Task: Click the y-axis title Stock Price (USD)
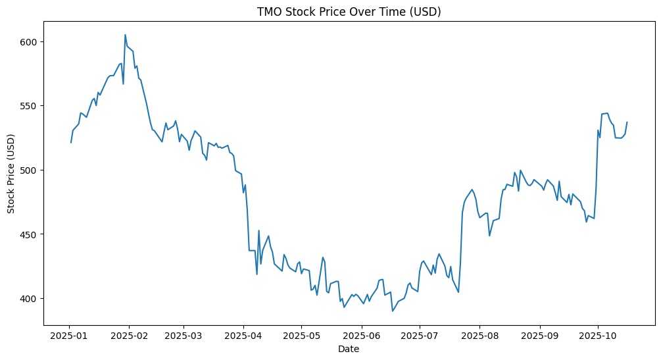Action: [x=11, y=173]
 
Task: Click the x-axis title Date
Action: [x=349, y=349]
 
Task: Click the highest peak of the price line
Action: [x=125, y=35]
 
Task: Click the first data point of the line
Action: [x=71, y=142]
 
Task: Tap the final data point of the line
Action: [x=627, y=122]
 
